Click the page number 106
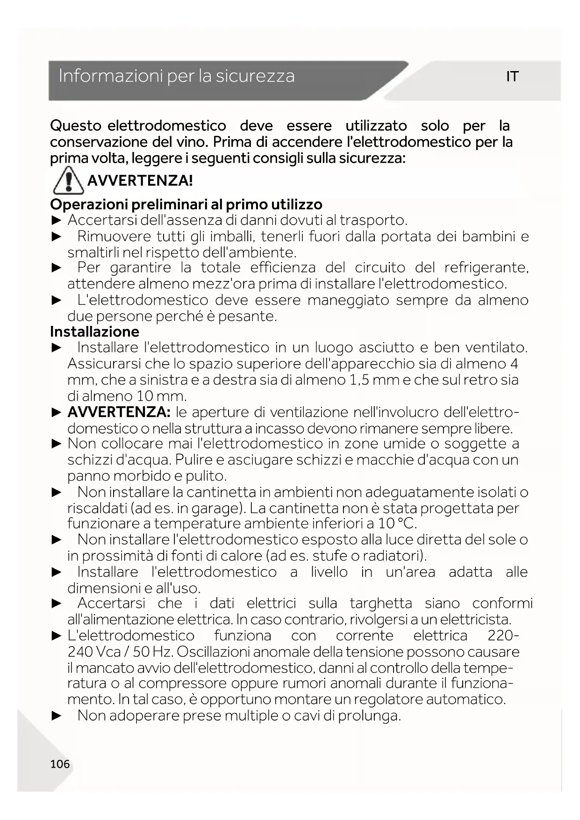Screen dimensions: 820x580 coord(60,764)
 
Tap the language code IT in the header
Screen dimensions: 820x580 coord(512,77)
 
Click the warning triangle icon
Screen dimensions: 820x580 coord(68,180)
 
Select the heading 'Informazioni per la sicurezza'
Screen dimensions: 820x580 coord(177,76)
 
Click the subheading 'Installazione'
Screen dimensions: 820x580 coord(95,332)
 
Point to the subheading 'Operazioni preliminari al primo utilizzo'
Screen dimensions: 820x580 coord(186,204)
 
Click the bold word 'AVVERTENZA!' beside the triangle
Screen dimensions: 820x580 coord(140,180)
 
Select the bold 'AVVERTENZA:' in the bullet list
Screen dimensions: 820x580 coord(119,412)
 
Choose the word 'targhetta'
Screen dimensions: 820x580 coord(381,604)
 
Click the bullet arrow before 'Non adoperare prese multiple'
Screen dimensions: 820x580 coord(57,716)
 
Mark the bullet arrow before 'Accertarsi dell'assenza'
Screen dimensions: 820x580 coord(57,220)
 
